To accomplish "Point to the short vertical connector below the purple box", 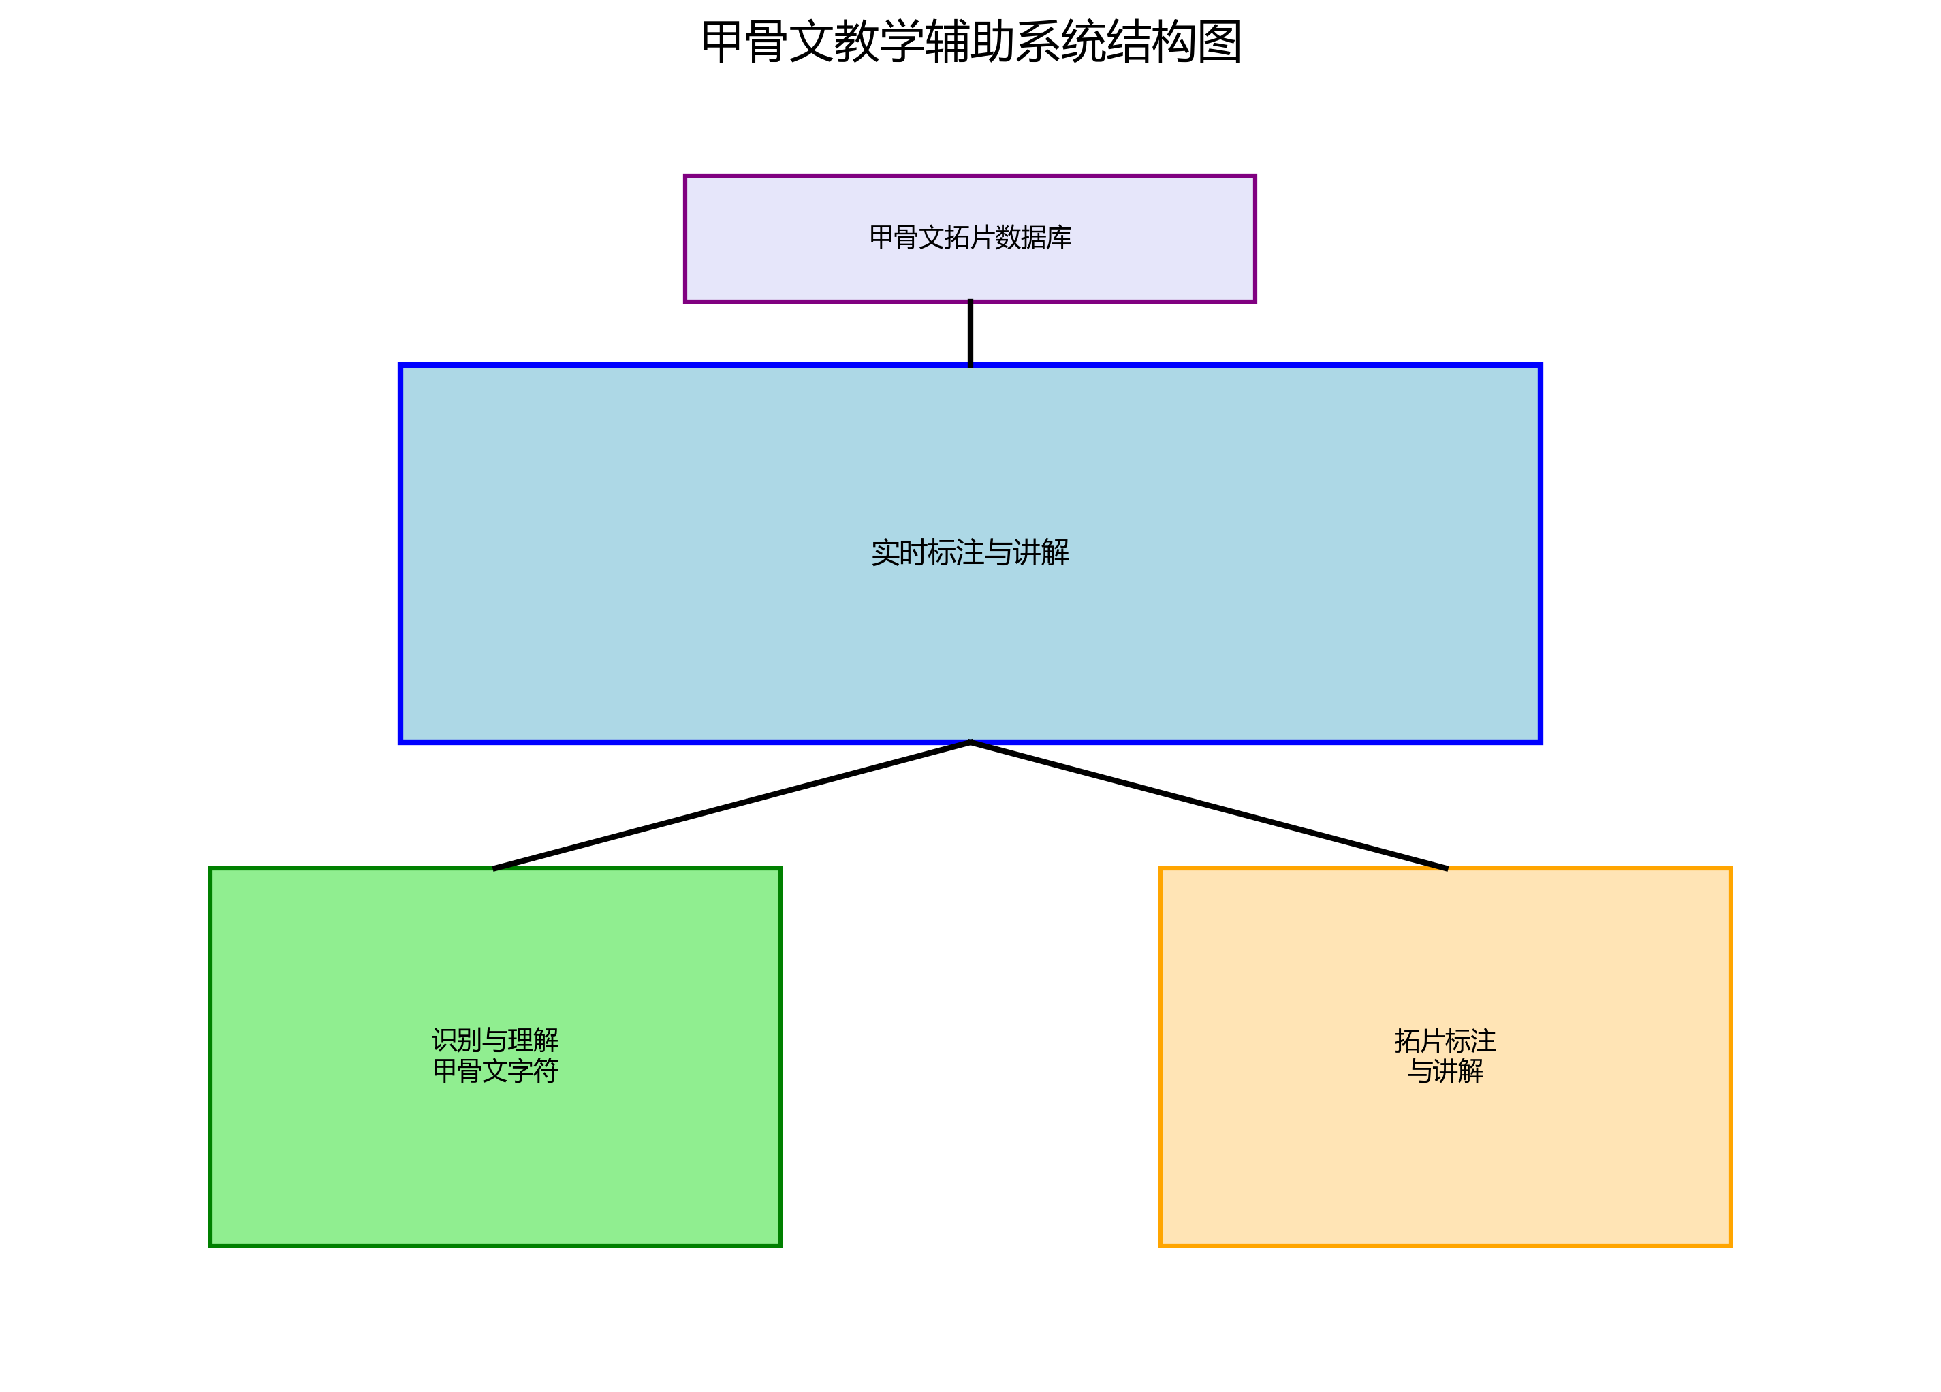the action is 970,334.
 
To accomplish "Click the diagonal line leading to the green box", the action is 731,805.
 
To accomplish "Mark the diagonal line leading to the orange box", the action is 1208,805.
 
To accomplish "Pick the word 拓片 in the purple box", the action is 957,238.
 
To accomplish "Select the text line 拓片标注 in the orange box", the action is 1445,1041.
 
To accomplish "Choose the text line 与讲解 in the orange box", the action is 1445,1071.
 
